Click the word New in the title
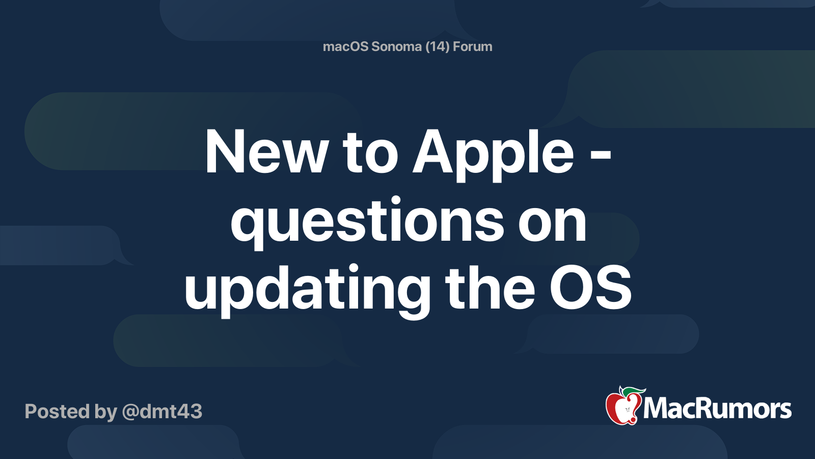266,152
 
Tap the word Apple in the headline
493,152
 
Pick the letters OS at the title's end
590,289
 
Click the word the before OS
490,289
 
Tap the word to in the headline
370,152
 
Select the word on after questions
552,222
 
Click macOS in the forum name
346,46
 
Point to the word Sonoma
396,46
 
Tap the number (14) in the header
437,46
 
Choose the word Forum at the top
472,46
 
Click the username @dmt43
162,412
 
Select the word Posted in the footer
57,412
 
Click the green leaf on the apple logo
633,391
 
